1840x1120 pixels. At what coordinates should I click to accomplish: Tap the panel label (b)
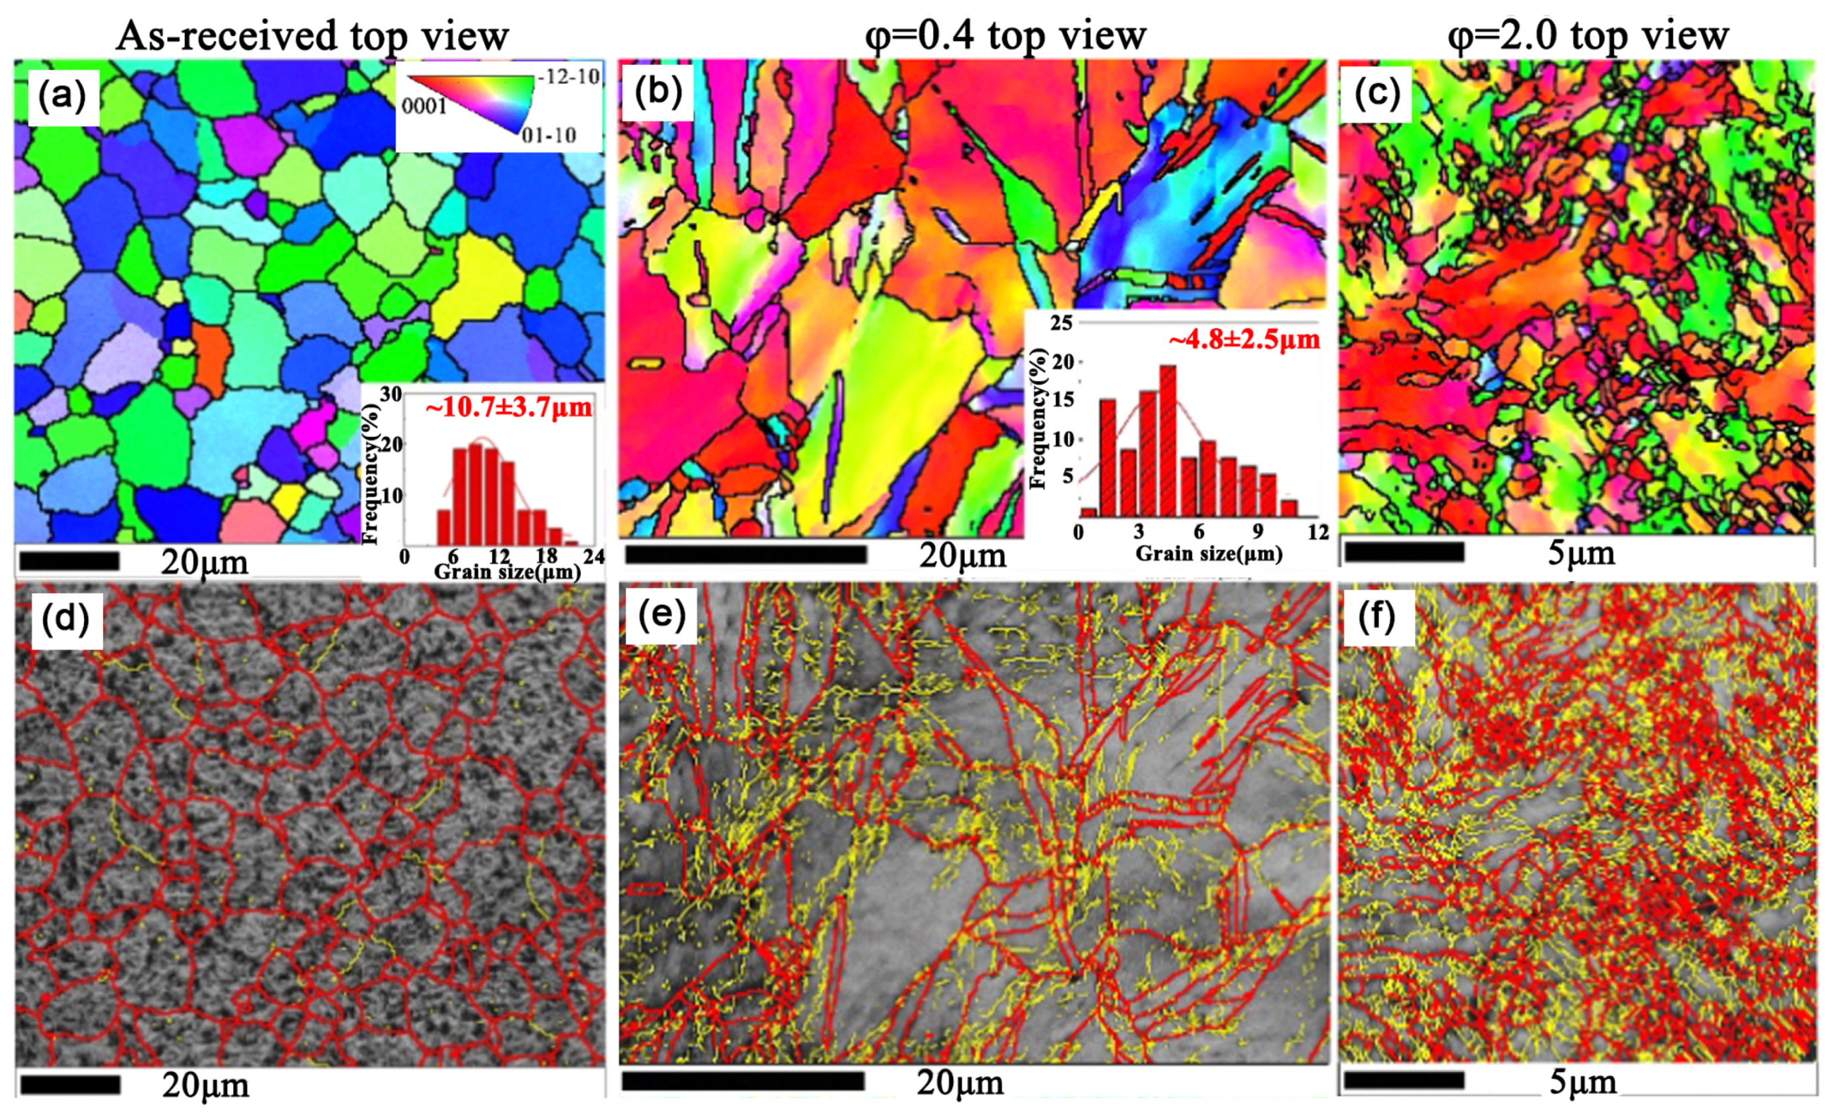[657, 93]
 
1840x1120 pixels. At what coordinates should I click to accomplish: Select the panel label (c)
[1376, 94]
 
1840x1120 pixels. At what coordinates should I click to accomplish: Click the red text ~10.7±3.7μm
[509, 407]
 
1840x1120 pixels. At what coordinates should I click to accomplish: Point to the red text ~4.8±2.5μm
[1243, 339]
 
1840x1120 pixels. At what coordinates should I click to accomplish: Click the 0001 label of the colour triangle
[424, 106]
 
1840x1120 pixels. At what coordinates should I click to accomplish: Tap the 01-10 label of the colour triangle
[549, 135]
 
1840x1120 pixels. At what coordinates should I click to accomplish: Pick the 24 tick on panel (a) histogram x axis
[593, 556]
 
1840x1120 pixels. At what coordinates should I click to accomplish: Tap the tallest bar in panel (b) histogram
[1168, 441]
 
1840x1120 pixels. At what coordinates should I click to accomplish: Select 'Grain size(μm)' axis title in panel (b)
[1208, 554]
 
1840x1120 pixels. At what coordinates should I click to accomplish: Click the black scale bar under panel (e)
[743, 1081]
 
